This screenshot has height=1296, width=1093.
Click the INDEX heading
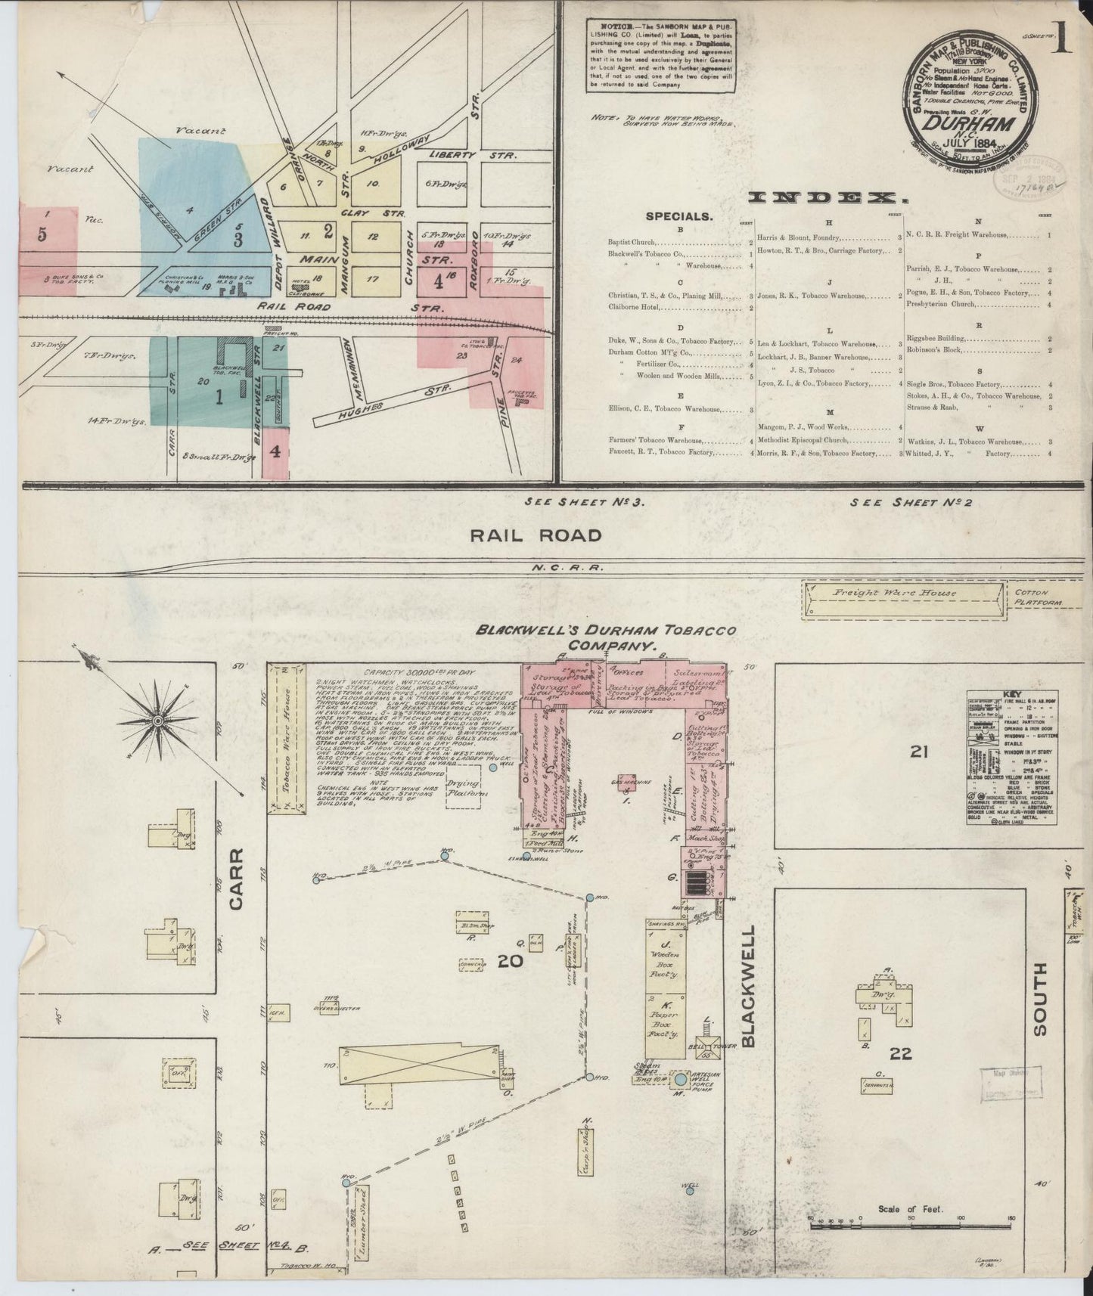[828, 198]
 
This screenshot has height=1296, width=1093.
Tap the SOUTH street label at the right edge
[1039, 999]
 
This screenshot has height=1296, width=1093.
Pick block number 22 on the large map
[900, 1053]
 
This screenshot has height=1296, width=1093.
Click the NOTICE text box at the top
[660, 55]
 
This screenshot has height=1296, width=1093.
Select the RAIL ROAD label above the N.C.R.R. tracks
[536, 535]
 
